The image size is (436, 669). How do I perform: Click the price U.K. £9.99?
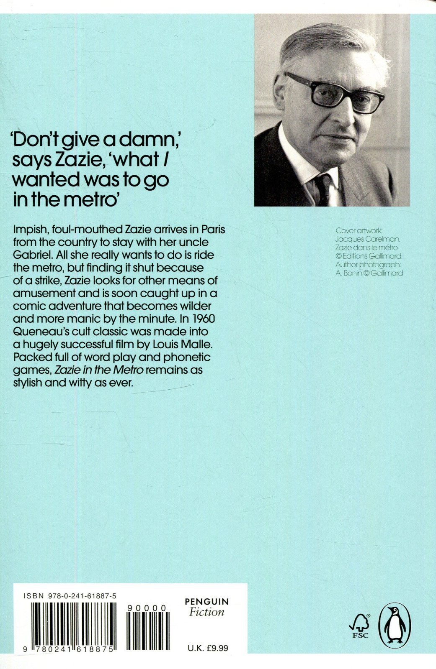coord(208,648)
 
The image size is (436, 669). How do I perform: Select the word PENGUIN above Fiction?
coord(207,602)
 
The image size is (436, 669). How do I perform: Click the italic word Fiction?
coord(207,612)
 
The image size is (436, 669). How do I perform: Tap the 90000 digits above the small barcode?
coord(147,608)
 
